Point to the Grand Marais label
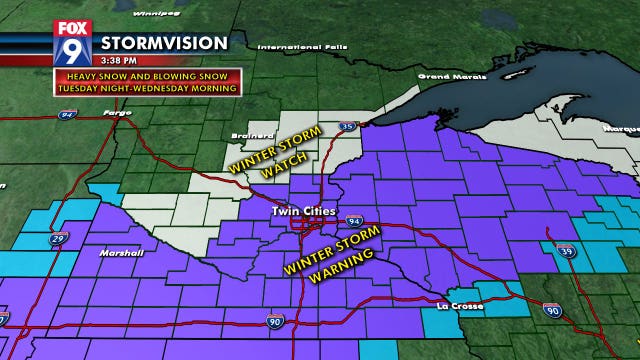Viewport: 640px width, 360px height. tap(445, 76)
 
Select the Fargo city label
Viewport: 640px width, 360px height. tap(117, 113)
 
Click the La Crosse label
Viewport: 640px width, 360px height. tap(459, 304)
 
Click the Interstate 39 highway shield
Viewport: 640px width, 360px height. tap(566, 251)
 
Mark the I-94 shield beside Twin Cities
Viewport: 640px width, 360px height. tap(354, 219)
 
